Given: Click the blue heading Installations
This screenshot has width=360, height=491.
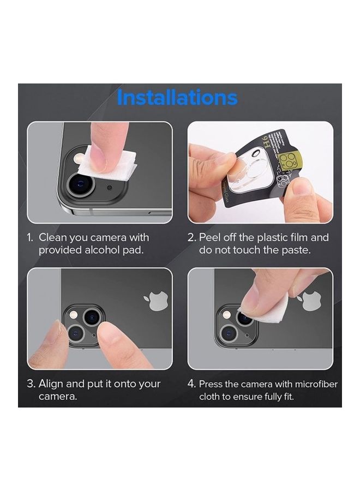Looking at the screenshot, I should tap(177, 98).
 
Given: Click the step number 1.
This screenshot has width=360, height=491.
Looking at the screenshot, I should tap(30, 238).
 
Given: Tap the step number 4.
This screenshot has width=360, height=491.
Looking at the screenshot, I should tap(191, 384).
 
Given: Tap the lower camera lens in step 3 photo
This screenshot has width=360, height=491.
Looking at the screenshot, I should tap(75, 332).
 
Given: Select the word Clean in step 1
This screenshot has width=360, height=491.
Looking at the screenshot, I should tap(54, 237).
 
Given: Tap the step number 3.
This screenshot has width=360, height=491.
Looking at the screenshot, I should tap(31, 384).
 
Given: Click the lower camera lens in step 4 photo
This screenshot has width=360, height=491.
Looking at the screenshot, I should tap(228, 332).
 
